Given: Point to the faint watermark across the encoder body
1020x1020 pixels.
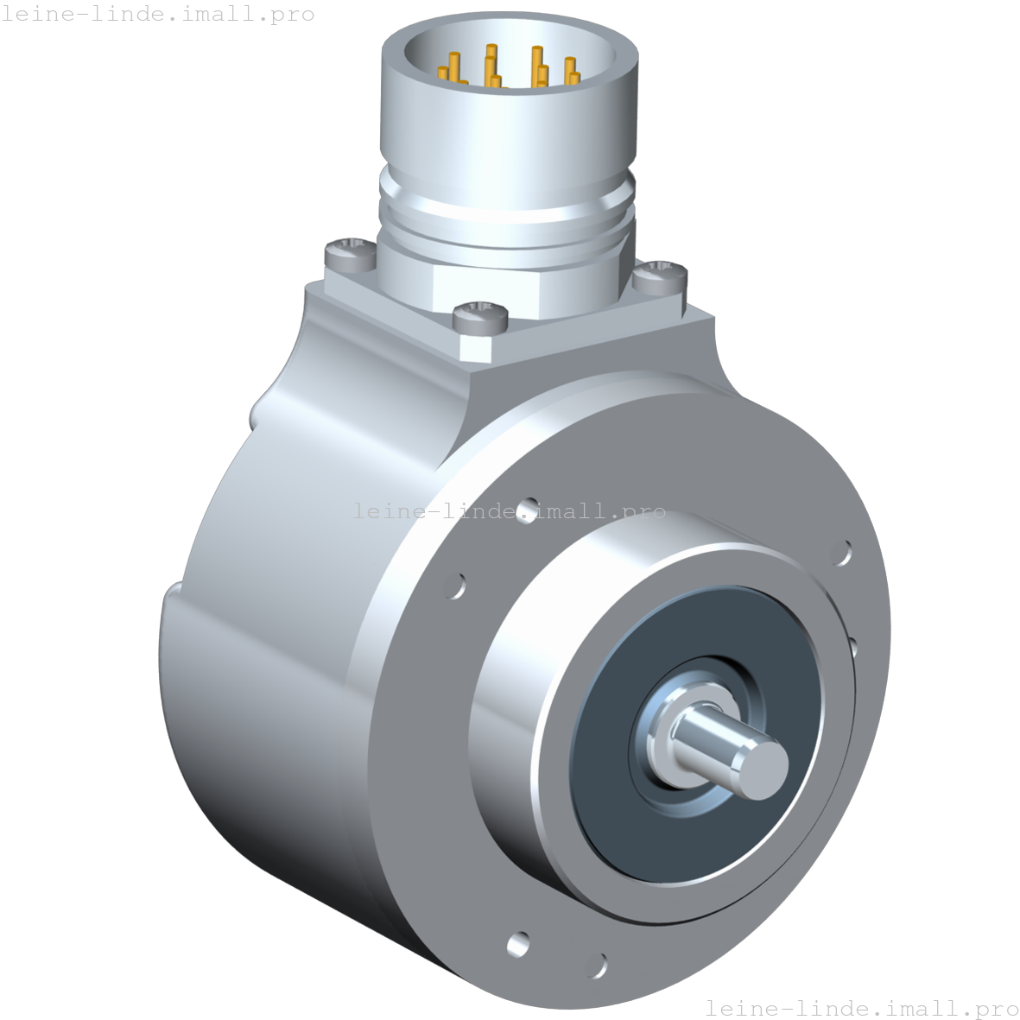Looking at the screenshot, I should click(510, 511).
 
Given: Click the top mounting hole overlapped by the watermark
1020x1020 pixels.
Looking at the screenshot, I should click(526, 510).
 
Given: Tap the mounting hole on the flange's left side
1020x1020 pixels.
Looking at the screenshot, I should click(455, 586).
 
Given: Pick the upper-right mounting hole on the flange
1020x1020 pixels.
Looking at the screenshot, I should click(840, 553).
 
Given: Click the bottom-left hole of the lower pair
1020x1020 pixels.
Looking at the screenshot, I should click(519, 943).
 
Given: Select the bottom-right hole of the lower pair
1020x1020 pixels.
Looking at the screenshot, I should click(596, 964).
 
